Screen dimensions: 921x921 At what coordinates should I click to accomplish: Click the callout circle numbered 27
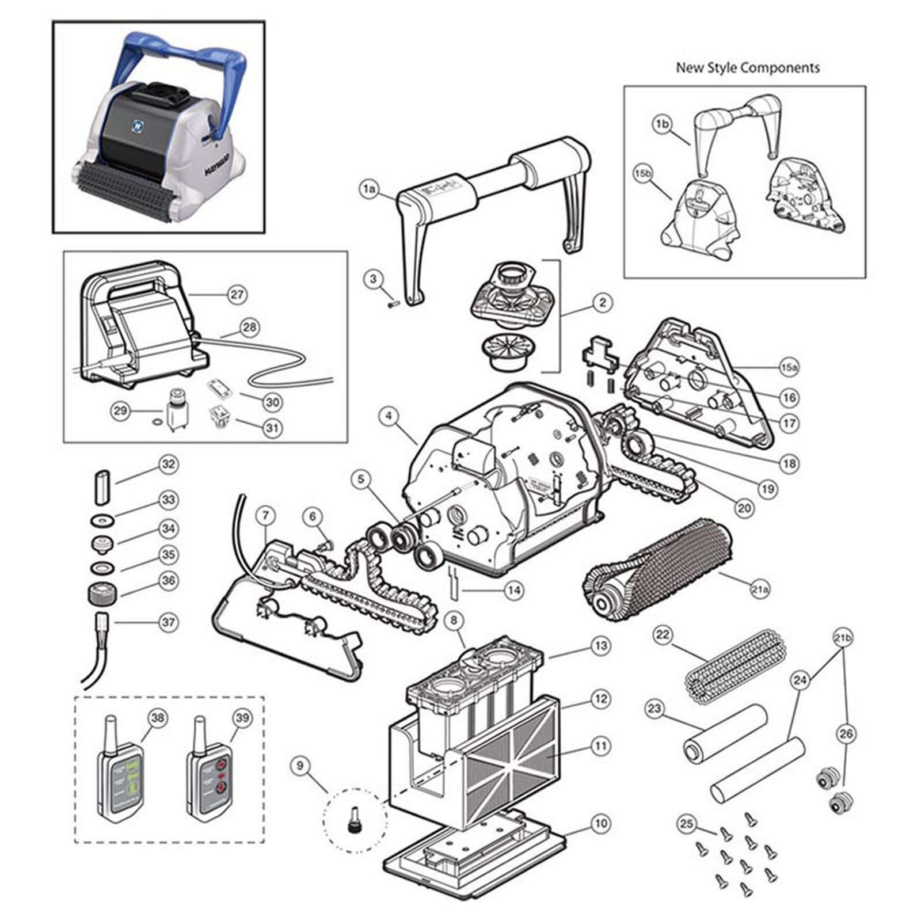237,294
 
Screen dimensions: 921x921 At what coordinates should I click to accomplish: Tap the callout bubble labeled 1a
369,188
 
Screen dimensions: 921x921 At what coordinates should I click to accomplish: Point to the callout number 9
299,766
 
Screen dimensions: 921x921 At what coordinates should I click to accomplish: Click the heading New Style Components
747,67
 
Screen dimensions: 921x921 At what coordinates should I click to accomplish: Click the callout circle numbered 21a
760,589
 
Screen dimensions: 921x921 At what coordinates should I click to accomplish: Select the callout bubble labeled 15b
643,174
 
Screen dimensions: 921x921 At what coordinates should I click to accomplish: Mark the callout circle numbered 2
603,302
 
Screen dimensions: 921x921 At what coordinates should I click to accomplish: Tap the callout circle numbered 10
600,823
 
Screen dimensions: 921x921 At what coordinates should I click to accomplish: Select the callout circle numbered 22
663,635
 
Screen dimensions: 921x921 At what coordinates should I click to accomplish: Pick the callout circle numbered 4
389,416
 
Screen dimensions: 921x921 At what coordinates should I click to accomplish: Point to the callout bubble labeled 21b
843,638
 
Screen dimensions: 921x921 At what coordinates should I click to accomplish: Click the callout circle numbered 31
272,428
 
